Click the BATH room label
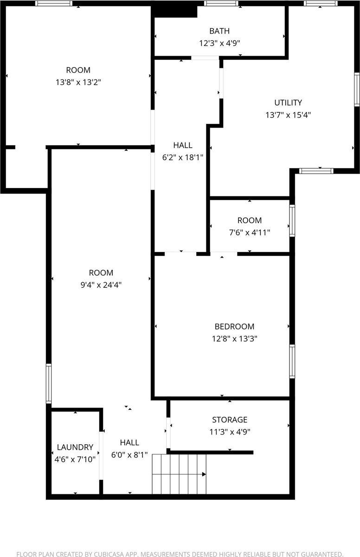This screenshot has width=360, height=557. [x=219, y=31]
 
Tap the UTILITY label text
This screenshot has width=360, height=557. [x=288, y=103]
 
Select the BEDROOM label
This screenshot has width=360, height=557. [x=234, y=327]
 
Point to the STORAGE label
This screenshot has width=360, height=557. [x=230, y=420]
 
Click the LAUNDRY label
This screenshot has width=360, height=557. [x=75, y=447]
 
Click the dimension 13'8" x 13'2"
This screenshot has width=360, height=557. [x=78, y=82]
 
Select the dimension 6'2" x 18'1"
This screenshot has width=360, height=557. [x=183, y=157]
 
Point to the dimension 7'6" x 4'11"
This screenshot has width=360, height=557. [x=250, y=232]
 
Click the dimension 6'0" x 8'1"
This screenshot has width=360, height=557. [x=129, y=455]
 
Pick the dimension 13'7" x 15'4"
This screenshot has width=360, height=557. [x=288, y=115]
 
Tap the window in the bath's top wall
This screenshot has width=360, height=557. [x=221, y=4]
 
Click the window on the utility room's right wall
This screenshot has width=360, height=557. [x=357, y=89]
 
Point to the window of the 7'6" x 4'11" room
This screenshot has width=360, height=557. [x=292, y=221]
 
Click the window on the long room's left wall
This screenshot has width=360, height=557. [x=48, y=383]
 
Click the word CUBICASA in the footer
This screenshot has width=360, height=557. [x=111, y=554]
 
